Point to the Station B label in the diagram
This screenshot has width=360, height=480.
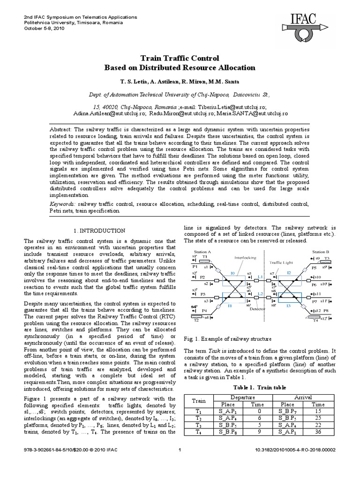pos(321,252)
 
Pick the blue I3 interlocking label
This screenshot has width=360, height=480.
pos(289,306)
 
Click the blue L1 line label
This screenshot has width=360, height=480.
pos(260,277)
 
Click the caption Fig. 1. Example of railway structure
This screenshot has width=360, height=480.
pos(228,338)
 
